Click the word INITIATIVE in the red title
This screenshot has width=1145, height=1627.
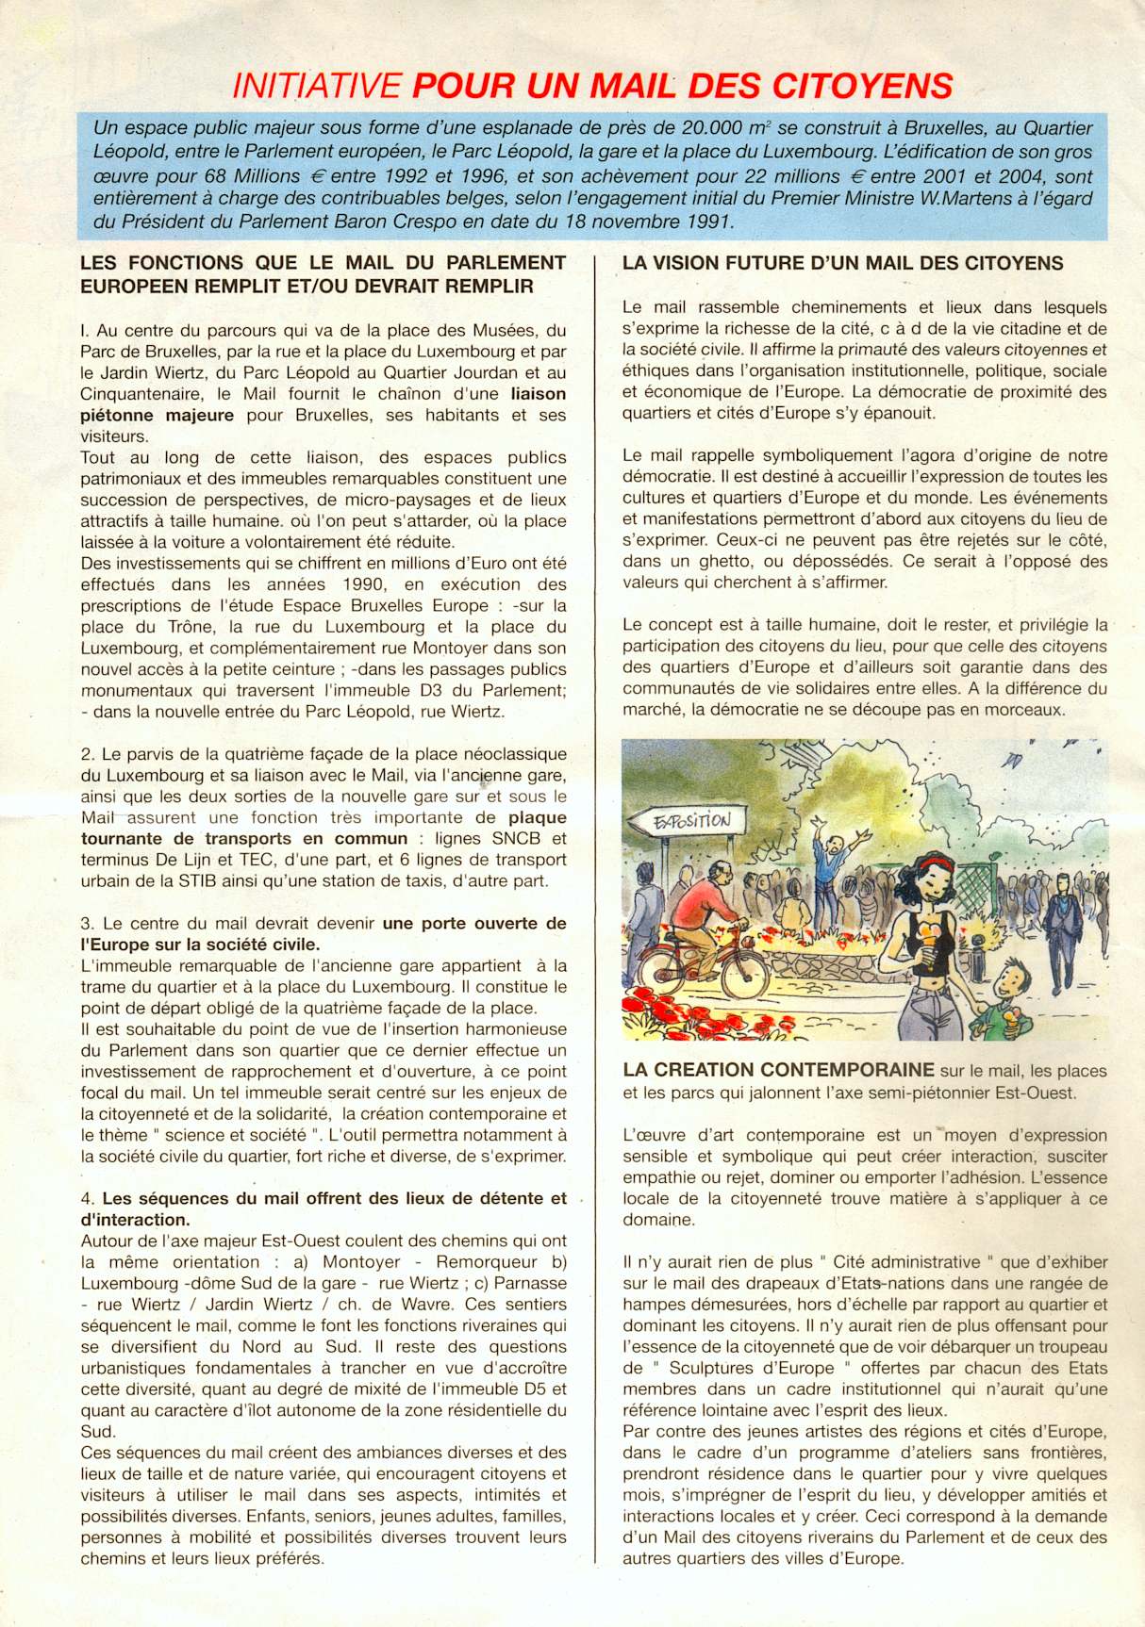pyautogui.click(x=317, y=87)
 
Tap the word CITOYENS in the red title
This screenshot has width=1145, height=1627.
pyautogui.click(x=862, y=87)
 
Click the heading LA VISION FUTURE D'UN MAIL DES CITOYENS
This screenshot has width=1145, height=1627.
pyautogui.click(x=842, y=264)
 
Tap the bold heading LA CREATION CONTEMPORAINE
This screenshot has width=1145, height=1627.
pyautogui.click(x=778, y=1070)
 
